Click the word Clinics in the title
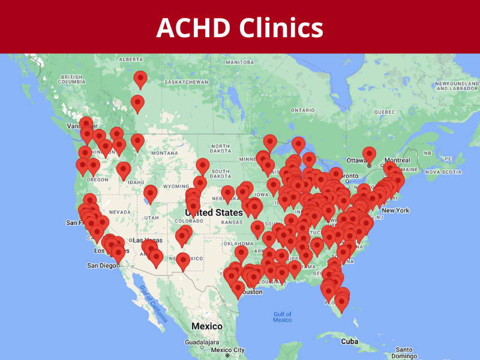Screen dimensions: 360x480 point(281,28)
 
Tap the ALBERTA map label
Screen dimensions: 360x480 point(131,59)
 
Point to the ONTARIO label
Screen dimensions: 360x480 point(302,110)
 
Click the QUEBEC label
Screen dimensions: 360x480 point(385,112)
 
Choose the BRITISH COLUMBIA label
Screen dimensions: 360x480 point(71,79)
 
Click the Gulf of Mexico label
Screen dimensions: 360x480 point(282,317)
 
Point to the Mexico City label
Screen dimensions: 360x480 point(227,350)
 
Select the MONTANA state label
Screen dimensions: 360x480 point(165,153)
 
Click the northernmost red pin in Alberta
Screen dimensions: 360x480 point(140,78)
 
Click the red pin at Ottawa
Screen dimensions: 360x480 point(369,154)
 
